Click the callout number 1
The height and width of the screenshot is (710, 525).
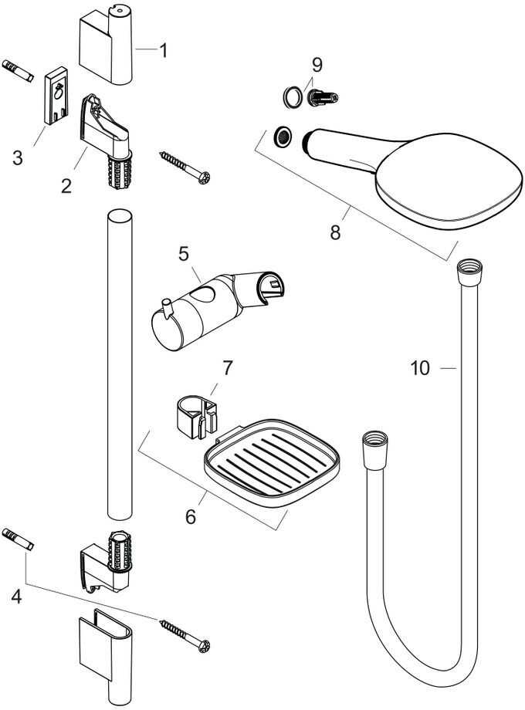coord(163,50)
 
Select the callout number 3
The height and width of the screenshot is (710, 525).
coord(17,157)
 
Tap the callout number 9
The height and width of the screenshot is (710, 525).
coord(317,64)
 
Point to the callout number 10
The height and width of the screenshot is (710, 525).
coord(420,367)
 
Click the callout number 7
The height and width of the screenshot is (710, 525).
coord(227,367)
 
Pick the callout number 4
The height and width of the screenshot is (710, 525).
coord(16,597)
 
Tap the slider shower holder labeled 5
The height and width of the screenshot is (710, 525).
coord(218,309)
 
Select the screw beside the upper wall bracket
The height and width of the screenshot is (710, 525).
coord(185,167)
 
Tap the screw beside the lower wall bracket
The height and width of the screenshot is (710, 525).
coord(185,636)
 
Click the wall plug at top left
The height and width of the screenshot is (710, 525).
coord(18,71)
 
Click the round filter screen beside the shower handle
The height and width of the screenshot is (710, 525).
coord(283,137)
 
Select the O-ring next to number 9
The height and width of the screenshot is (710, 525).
coord(292,96)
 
